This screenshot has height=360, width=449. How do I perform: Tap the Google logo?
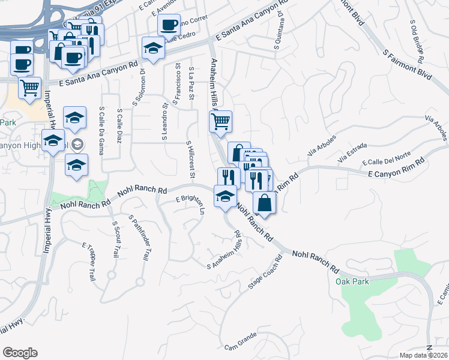(x=20, y=353)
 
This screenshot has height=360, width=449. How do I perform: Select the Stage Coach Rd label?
(x=265, y=274)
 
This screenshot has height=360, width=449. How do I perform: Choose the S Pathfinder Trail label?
(x=139, y=238)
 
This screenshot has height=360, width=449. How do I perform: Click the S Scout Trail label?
(x=115, y=239)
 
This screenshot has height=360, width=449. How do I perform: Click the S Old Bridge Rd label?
(x=418, y=41)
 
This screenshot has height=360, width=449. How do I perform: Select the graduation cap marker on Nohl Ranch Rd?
(x=225, y=197)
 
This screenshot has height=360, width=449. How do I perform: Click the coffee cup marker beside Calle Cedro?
(x=169, y=25)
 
